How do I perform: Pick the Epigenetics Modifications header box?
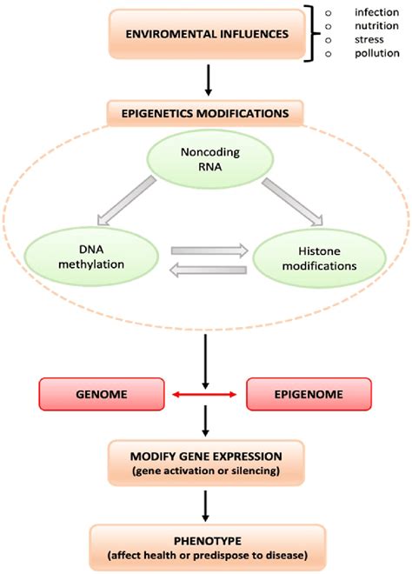[205, 112]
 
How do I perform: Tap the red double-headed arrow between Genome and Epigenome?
[205, 395]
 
